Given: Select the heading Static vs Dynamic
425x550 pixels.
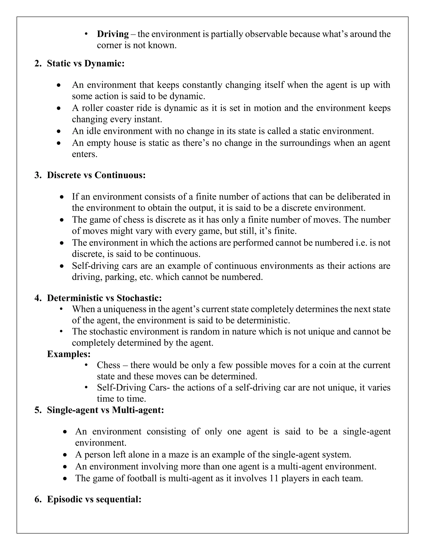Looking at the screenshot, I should (x=86, y=63).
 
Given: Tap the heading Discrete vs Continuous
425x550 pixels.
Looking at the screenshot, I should (x=96, y=175).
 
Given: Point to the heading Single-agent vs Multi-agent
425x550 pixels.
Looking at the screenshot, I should (x=105, y=410).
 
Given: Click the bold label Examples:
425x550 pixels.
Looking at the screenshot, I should (x=69, y=354).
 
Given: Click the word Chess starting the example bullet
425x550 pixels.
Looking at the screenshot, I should (x=109, y=365).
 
